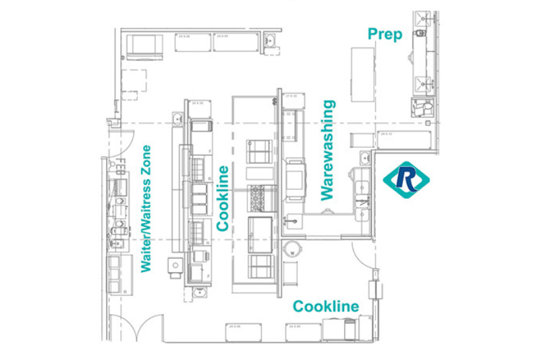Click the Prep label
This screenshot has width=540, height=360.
tap(385, 34)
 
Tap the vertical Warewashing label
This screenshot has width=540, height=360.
tap(328, 150)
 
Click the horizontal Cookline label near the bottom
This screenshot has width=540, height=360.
tap(325, 307)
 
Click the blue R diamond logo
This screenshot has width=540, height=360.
tap(406, 178)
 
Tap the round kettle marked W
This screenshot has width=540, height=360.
tap(291, 247)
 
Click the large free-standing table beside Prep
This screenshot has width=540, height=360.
tap(362, 74)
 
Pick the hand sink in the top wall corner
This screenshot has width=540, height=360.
tap(271, 41)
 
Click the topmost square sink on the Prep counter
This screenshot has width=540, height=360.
tap(423, 19)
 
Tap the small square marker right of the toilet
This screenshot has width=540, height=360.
tap(429, 124)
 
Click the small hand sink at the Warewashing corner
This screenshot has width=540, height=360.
tap(365, 159)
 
